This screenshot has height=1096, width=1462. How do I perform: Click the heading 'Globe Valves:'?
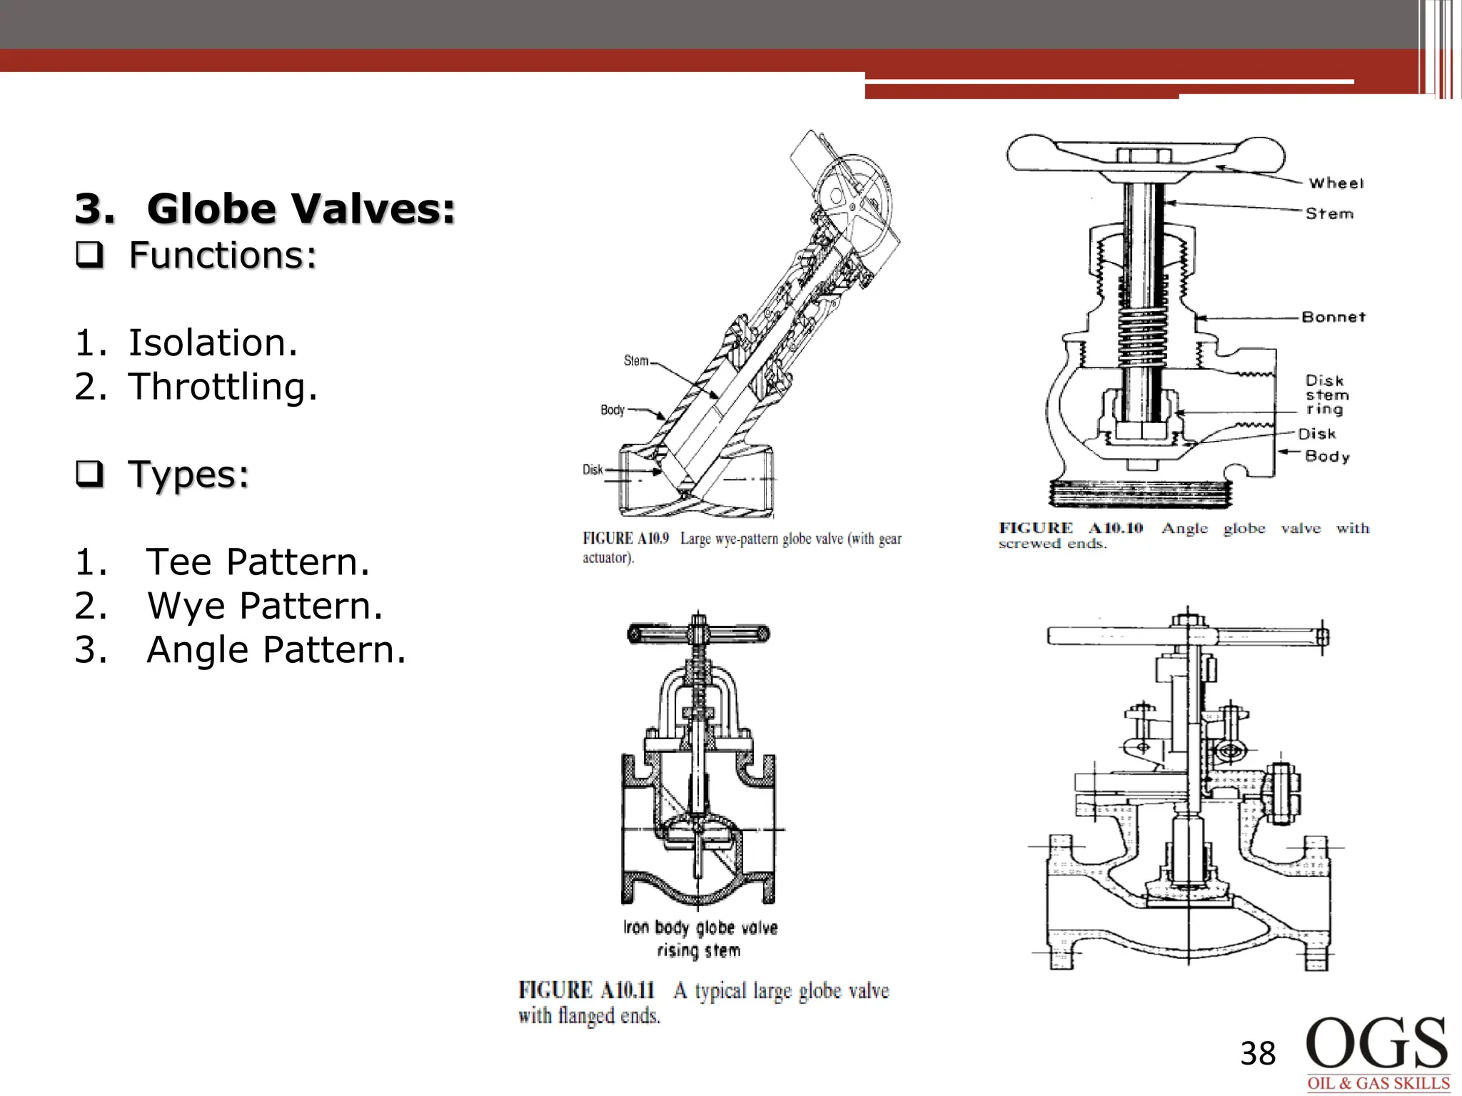(301, 209)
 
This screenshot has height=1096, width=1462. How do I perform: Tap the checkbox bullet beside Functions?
(90, 255)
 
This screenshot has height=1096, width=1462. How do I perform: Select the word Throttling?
(223, 387)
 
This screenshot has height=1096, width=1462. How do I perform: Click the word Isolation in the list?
(212, 343)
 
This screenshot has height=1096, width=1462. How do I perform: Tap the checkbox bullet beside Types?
(90, 474)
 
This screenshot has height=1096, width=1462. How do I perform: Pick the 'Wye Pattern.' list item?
(265, 606)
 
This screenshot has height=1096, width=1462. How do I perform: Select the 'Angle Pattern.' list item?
(276, 650)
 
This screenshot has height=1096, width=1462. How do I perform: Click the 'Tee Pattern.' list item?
(258, 562)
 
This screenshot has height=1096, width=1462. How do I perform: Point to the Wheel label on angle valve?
(1336, 183)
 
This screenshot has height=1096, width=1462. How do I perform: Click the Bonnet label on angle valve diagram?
(1333, 317)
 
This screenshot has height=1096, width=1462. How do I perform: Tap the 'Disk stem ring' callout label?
(1326, 395)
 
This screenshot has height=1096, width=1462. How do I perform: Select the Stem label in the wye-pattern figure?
(636, 361)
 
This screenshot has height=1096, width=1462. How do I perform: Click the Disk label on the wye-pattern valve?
(593, 470)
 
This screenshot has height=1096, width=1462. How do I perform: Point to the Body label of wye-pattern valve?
(612, 410)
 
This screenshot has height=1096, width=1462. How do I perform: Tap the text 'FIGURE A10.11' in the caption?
(586, 990)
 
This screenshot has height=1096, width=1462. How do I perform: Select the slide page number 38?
(1258, 1054)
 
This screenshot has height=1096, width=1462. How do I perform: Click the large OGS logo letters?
(1376, 1043)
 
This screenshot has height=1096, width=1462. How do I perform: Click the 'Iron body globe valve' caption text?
(700, 928)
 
